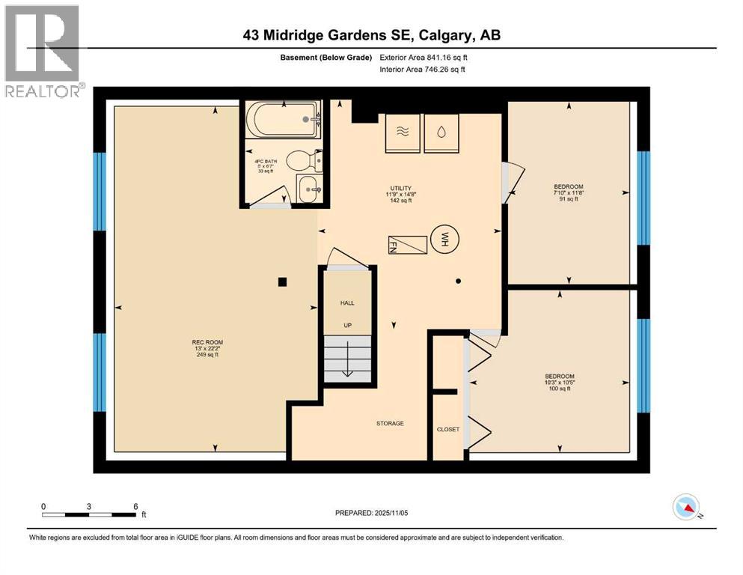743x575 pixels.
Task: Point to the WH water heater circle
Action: pos(444,240)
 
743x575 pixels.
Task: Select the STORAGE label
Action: pos(390,424)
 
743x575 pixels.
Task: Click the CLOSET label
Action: pos(448,429)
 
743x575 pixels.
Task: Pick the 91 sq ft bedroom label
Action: pos(569,192)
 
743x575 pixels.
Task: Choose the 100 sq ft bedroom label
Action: pos(558,383)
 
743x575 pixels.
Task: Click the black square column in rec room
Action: pos(282,282)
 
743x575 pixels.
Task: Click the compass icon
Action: pos(686,508)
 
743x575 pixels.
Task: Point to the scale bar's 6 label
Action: pos(135,506)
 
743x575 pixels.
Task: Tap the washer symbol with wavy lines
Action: pos(402,132)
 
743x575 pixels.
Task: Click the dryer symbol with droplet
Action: pos(441,132)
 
